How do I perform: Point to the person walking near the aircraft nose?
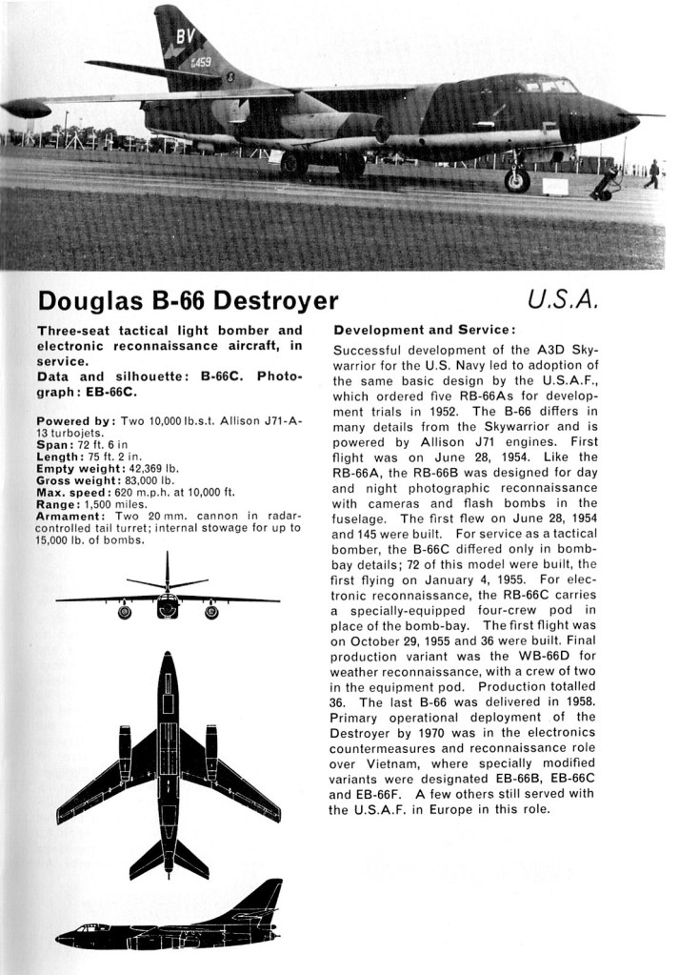tap(652, 173)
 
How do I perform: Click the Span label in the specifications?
tap(54, 445)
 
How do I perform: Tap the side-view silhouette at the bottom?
tap(171, 919)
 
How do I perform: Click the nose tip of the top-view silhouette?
tap(168, 657)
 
